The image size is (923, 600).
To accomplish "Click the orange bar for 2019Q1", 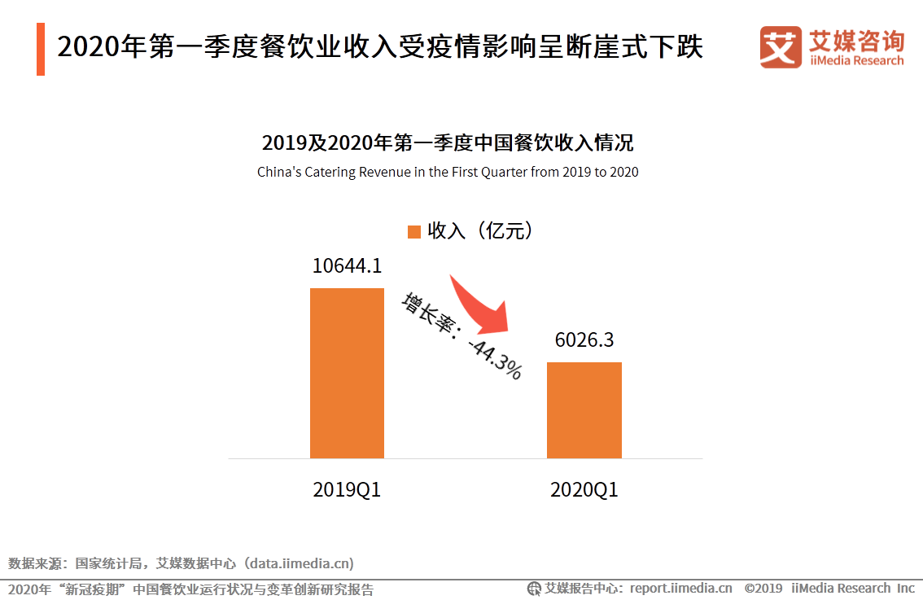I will [347, 373].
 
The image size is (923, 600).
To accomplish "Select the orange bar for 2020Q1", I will [584, 409].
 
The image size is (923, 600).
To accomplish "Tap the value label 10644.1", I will [347, 266].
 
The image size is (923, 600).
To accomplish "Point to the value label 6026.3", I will [584, 339].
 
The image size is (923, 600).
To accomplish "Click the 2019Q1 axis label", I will [347, 490].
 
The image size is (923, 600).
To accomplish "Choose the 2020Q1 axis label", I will [584, 490].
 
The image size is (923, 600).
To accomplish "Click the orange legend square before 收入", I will [413, 232].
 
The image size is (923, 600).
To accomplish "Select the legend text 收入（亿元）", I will [481, 231].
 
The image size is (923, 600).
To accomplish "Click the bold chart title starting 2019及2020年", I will [448, 143].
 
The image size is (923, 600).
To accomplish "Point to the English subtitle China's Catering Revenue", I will [448, 172].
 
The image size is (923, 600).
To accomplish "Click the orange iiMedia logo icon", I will [780, 47].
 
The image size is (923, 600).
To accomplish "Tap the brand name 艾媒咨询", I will [856, 40].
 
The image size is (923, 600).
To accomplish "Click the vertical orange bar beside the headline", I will [41, 50].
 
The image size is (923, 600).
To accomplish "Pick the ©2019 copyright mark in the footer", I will [763, 588].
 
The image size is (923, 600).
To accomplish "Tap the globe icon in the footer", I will [534, 588].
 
